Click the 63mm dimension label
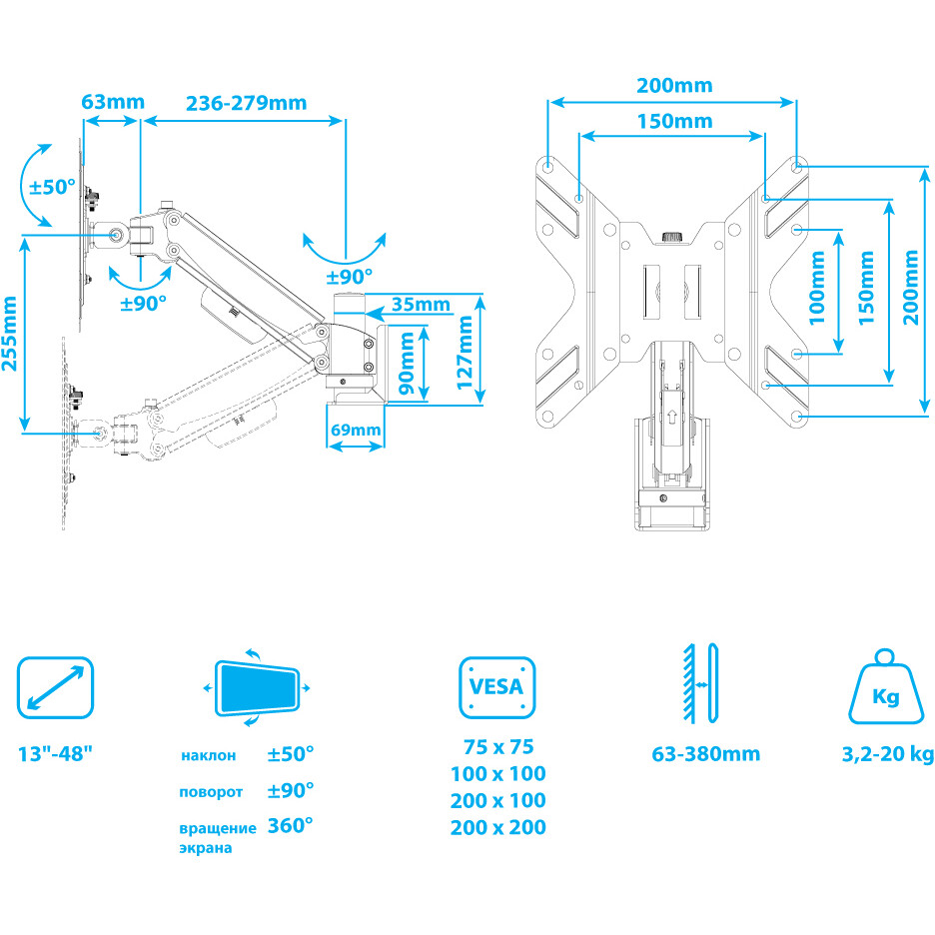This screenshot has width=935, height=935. coord(113,102)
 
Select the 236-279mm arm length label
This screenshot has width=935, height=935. coord(245,102)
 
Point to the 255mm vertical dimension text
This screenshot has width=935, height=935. coord(11,333)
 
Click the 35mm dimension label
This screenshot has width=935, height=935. coord(421,304)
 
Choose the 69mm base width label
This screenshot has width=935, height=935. coord(356,431)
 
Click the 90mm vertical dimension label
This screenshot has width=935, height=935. coord(407,366)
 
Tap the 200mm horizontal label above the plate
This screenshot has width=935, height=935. coord(674,85)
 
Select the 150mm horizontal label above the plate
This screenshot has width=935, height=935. coord(674,121)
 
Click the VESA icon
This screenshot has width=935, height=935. coord(496,687)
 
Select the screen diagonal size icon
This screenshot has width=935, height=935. coord(56,687)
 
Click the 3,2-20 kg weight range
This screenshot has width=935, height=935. coord(888,753)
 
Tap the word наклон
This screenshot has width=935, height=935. coord(209,754)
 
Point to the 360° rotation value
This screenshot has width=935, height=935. coord(291,826)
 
